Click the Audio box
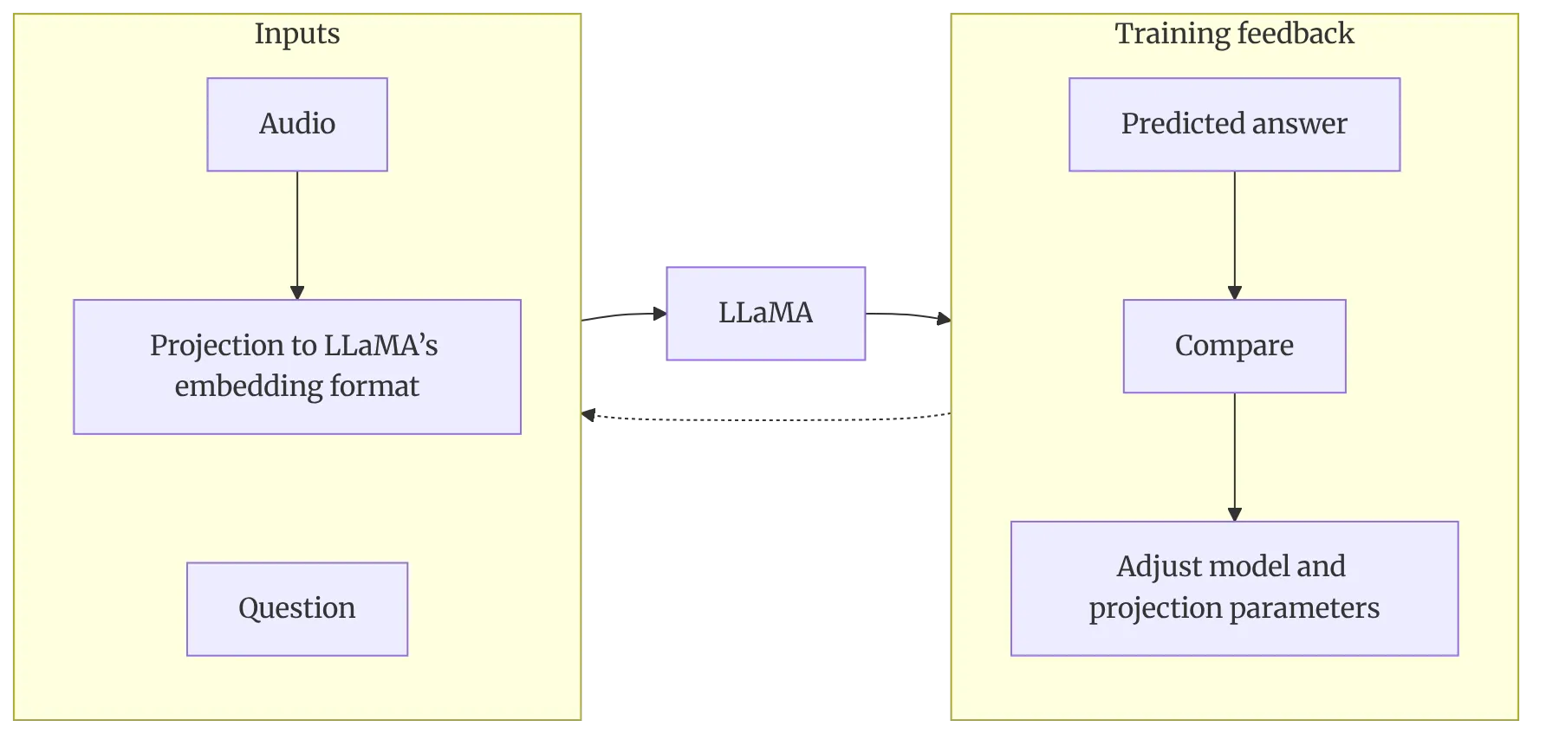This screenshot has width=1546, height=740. [297, 125]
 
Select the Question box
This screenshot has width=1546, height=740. [297, 609]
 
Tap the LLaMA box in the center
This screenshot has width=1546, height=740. [766, 314]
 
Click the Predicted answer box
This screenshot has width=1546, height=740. [1235, 125]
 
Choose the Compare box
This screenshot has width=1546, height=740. [1235, 347]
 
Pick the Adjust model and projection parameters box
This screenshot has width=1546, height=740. [1235, 588]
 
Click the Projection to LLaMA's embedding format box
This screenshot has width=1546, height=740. [297, 367]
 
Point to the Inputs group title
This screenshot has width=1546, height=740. [297, 34]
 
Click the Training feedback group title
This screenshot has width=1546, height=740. [1235, 34]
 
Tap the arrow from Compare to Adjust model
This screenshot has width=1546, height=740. [1235, 458]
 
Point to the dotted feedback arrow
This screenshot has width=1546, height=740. [766, 420]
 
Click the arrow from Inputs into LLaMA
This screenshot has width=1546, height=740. [624, 315]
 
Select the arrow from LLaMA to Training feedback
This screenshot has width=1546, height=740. [909, 315]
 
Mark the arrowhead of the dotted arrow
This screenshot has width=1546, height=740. [588, 415]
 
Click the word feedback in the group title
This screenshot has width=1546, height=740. [1295, 34]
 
